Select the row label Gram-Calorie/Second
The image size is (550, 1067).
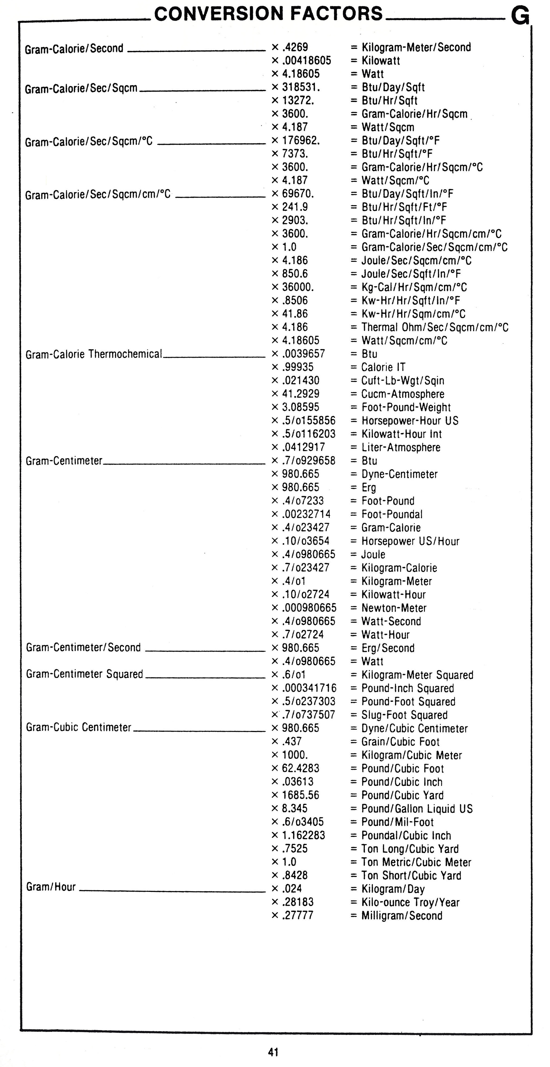click(74, 49)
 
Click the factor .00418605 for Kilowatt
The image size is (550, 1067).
click(306, 61)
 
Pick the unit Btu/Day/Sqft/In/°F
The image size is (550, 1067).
click(407, 194)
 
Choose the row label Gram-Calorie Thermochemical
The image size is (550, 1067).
click(94, 354)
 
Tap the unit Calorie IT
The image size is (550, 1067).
click(383, 367)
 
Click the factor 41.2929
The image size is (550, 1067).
click(301, 394)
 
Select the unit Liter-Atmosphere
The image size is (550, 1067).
click(400, 447)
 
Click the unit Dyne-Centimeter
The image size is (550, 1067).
click(399, 474)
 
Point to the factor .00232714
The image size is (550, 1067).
click(306, 514)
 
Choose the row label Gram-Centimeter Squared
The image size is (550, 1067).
click(85, 674)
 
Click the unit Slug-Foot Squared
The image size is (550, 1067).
click(404, 715)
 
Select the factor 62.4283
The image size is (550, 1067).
click(300, 768)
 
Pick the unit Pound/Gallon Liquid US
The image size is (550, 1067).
click(417, 809)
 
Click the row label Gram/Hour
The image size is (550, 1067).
click(51, 887)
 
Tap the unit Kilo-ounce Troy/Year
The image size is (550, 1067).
click(410, 902)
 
